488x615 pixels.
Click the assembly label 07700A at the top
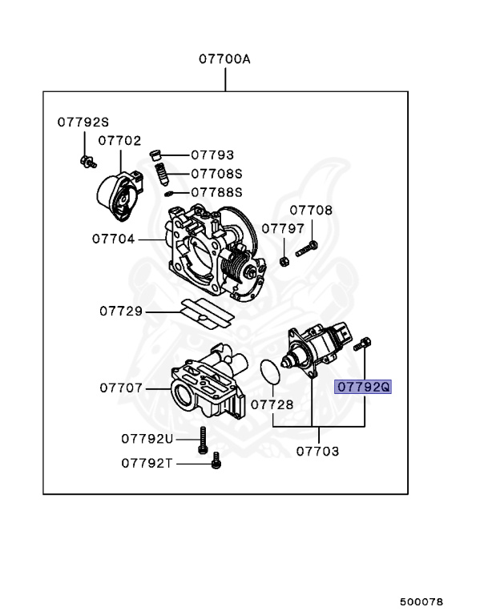pos(225,59)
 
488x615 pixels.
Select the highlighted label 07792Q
pos(363,387)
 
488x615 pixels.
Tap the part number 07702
pos(119,140)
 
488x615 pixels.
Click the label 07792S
pos(82,122)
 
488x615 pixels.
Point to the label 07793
pos(212,155)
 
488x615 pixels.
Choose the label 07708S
pos(216,173)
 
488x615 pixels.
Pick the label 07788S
pos(216,192)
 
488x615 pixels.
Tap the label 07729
pos(121,311)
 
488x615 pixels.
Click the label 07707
pos(121,388)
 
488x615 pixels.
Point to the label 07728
pos(272,405)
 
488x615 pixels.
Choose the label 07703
pos(317,451)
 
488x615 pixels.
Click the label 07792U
pos(147,438)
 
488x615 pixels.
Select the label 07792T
pos(147,462)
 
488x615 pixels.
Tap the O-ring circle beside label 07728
pos(272,372)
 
